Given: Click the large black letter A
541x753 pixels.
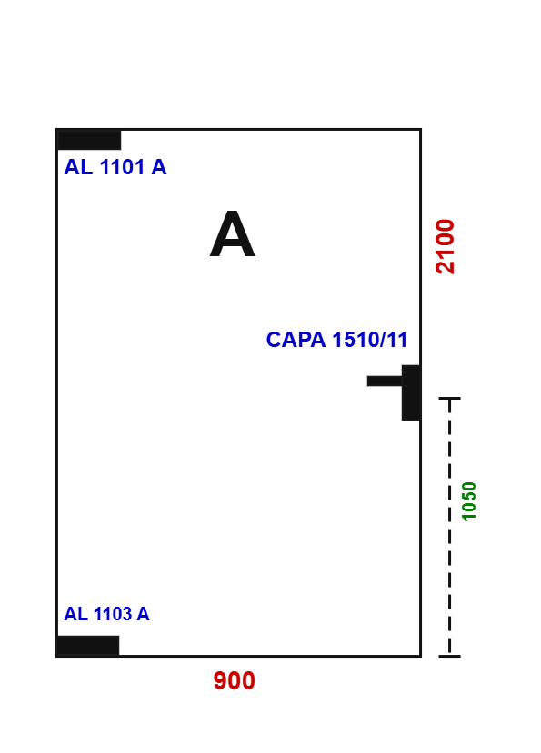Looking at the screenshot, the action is [232, 233].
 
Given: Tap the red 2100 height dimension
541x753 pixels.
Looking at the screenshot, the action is [445, 246].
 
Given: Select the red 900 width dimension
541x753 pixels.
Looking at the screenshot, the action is [235, 680].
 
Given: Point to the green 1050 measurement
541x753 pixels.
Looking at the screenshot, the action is [468, 501].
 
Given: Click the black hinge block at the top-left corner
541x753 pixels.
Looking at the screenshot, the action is [89, 140].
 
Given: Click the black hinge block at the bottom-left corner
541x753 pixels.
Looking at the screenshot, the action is [88, 646].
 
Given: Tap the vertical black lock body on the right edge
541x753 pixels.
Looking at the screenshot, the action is [411, 392].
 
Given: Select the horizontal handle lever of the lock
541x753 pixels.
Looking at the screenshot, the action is [385, 381].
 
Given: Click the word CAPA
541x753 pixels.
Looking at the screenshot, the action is [296, 340].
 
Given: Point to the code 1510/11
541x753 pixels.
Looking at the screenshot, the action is [370, 340].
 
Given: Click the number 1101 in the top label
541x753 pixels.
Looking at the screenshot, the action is [122, 167].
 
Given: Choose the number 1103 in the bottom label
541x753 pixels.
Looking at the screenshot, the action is [112, 614].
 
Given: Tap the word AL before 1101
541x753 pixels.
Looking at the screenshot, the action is [78, 167].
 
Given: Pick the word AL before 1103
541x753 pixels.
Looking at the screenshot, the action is [76, 614].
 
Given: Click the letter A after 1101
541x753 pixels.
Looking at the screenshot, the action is [159, 167].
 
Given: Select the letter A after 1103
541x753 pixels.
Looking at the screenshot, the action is [143, 614].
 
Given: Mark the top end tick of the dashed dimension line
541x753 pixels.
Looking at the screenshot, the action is [450, 398].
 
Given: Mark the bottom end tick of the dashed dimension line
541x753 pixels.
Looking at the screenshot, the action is [450, 656].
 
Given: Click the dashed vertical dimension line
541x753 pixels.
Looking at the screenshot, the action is [450, 527].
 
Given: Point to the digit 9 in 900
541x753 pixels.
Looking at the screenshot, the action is [220, 680].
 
